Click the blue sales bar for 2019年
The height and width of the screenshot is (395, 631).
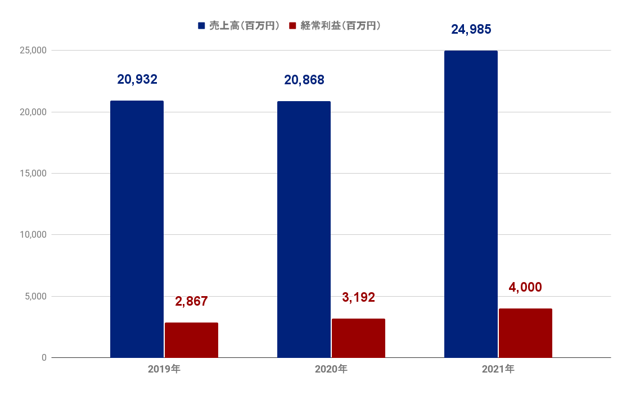pyautogui.click(x=137, y=229)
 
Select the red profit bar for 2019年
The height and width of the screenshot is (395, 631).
pyautogui.click(x=191, y=340)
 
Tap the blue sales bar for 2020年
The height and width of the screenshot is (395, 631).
pyautogui.click(x=304, y=229)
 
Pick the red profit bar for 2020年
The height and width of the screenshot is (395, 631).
pyautogui.click(x=358, y=338)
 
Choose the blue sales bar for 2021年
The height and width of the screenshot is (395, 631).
pyautogui.click(x=471, y=204)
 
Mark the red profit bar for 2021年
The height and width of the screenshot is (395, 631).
pyautogui.click(x=525, y=333)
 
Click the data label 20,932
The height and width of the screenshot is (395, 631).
pyautogui.click(x=137, y=80)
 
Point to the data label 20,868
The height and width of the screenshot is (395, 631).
pyautogui.click(x=304, y=80)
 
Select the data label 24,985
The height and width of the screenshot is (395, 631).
pyautogui.click(x=471, y=29)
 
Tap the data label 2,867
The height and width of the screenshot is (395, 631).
pyautogui.click(x=191, y=301)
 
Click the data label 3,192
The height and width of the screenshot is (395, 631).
pyautogui.click(x=358, y=297)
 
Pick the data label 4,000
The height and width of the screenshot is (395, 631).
pyautogui.click(x=525, y=287)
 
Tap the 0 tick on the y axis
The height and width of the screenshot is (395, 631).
pyautogui.click(x=44, y=357)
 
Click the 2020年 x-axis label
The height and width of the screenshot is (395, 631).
pyautogui.click(x=331, y=370)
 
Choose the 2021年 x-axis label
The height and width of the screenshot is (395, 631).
pyautogui.click(x=498, y=370)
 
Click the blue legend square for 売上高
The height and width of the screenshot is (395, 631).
pyautogui.click(x=201, y=26)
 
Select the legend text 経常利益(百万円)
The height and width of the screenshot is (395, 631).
pyautogui.click(x=340, y=26)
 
